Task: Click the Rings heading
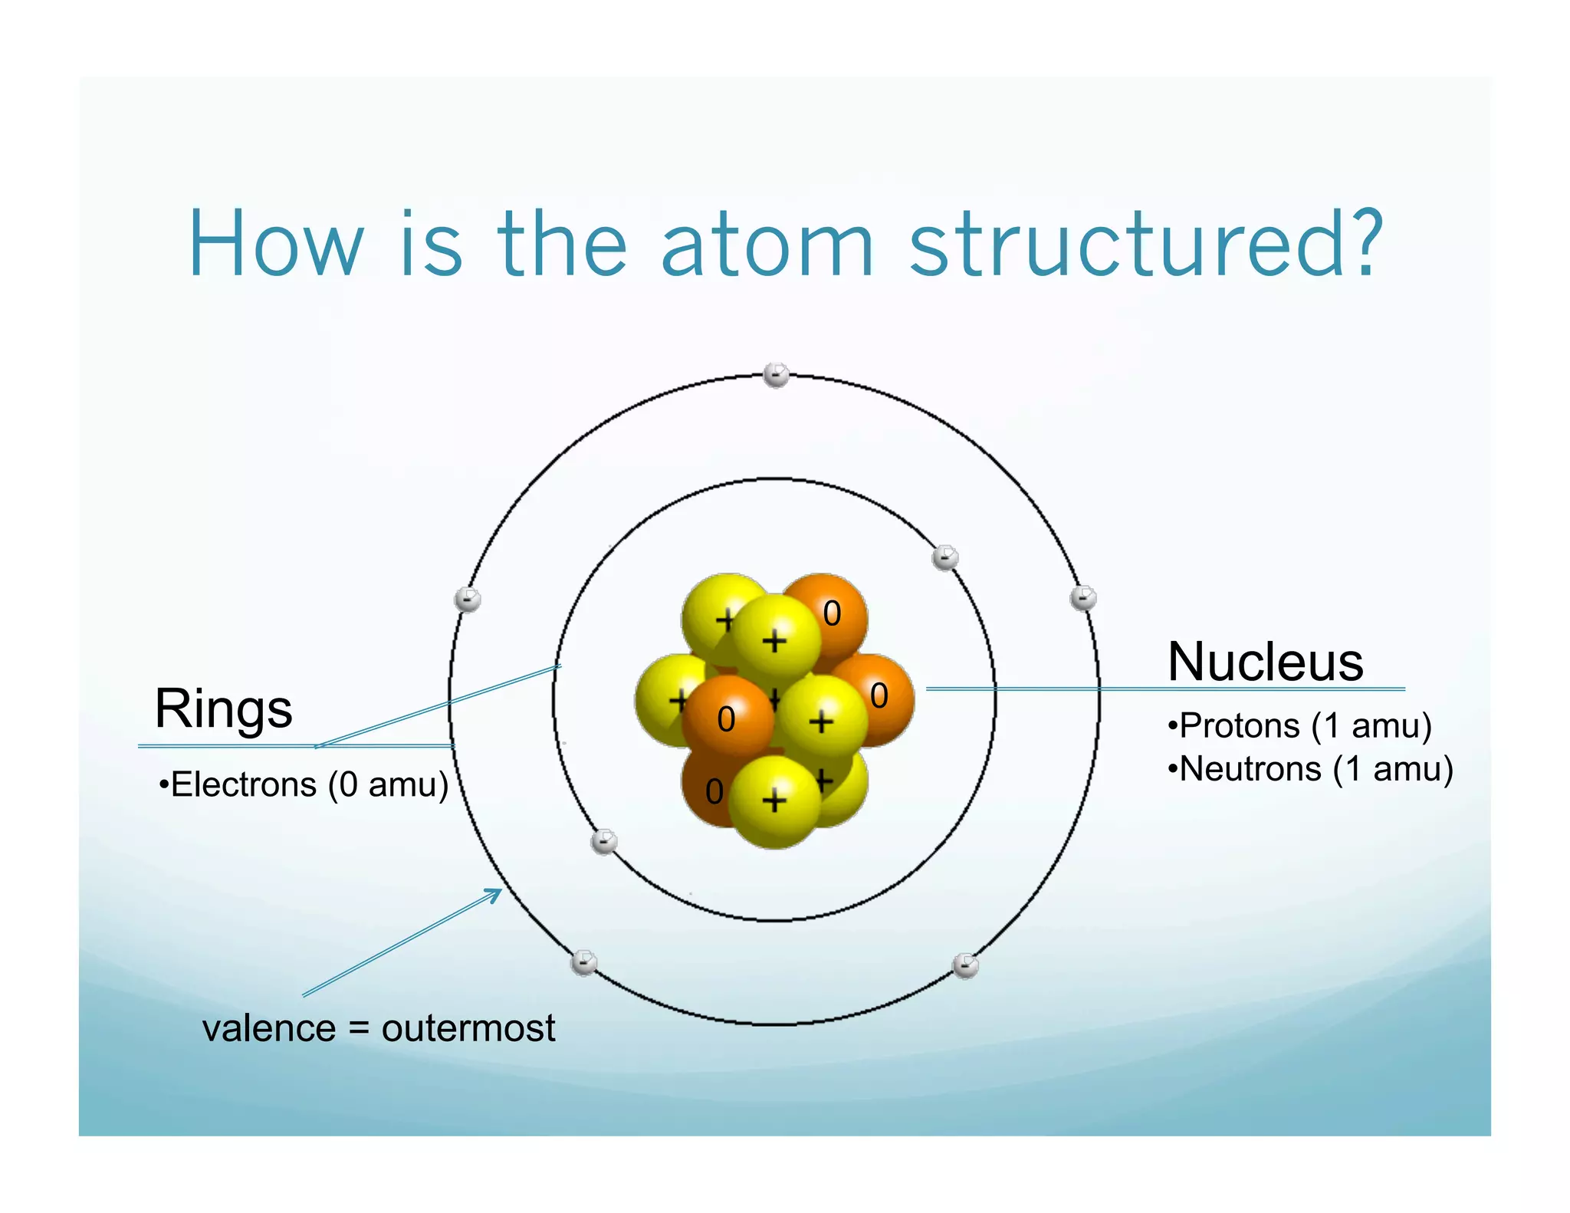[223, 708]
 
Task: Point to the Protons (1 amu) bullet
[1299, 725]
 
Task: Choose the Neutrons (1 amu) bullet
[1310, 769]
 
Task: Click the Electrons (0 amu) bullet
[304, 785]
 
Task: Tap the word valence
[269, 1028]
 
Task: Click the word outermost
[468, 1028]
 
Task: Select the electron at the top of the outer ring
[776, 375]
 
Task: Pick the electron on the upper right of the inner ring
[944, 557]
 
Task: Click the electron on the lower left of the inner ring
[604, 841]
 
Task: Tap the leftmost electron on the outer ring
[468, 599]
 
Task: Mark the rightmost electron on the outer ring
[1082, 597]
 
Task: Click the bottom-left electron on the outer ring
[584, 962]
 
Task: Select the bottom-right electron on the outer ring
[965, 965]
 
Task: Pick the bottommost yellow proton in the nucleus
[774, 801]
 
